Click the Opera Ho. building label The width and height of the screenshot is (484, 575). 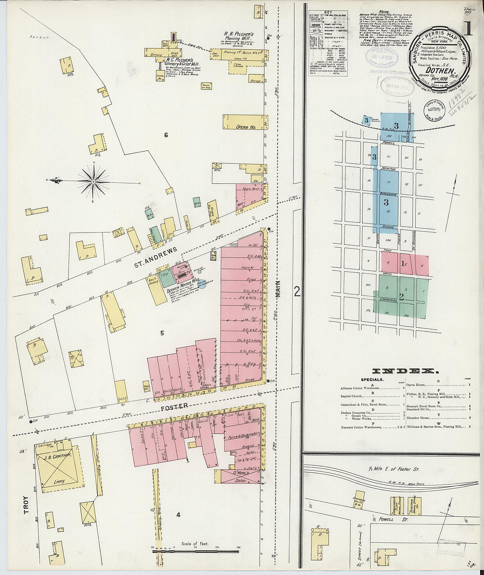[x=246, y=127]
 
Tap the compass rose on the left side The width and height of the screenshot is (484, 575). [x=93, y=181]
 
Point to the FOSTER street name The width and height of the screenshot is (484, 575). [x=175, y=406]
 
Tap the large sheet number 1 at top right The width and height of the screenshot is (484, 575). [x=467, y=29]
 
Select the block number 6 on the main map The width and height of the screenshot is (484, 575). [x=166, y=135]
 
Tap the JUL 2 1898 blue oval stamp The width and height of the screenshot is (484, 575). [x=381, y=58]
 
